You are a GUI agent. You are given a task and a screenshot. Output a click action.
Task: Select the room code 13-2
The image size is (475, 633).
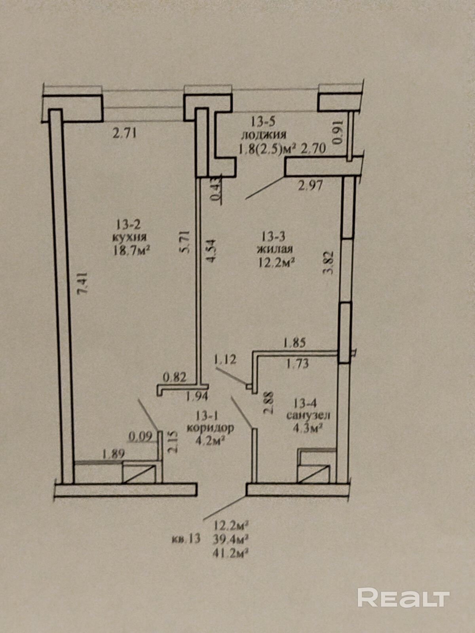[128, 225]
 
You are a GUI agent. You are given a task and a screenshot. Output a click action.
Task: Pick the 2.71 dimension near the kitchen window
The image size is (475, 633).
[125, 133]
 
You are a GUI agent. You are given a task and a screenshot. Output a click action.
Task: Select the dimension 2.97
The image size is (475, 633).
[311, 185]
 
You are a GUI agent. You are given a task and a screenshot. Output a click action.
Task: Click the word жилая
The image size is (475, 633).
[274, 249]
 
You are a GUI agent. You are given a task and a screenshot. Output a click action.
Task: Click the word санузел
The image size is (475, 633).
[308, 415]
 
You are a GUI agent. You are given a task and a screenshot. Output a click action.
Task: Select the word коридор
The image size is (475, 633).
[210, 428]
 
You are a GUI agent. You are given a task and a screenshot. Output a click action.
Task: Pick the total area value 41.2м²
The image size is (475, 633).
[231, 552]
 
